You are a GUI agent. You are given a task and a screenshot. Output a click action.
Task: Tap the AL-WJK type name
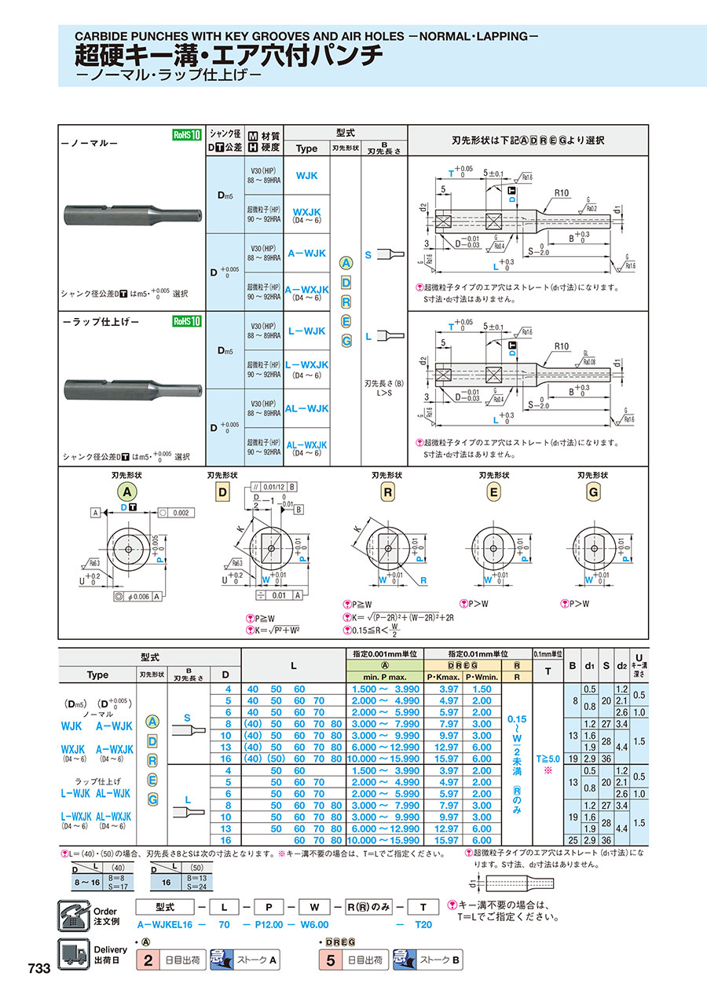(307, 409)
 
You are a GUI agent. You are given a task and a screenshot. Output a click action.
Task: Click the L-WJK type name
(306, 331)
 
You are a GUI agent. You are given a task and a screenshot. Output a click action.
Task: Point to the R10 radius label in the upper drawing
(561, 192)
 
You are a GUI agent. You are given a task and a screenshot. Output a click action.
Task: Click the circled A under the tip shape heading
(127, 492)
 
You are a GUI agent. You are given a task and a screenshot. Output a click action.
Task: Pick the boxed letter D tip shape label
(222, 492)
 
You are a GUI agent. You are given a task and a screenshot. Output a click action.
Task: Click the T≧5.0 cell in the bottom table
(547, 759)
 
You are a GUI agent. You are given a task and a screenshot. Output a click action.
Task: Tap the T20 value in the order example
(423, 925)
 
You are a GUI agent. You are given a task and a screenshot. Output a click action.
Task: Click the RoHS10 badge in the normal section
(187, 135)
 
